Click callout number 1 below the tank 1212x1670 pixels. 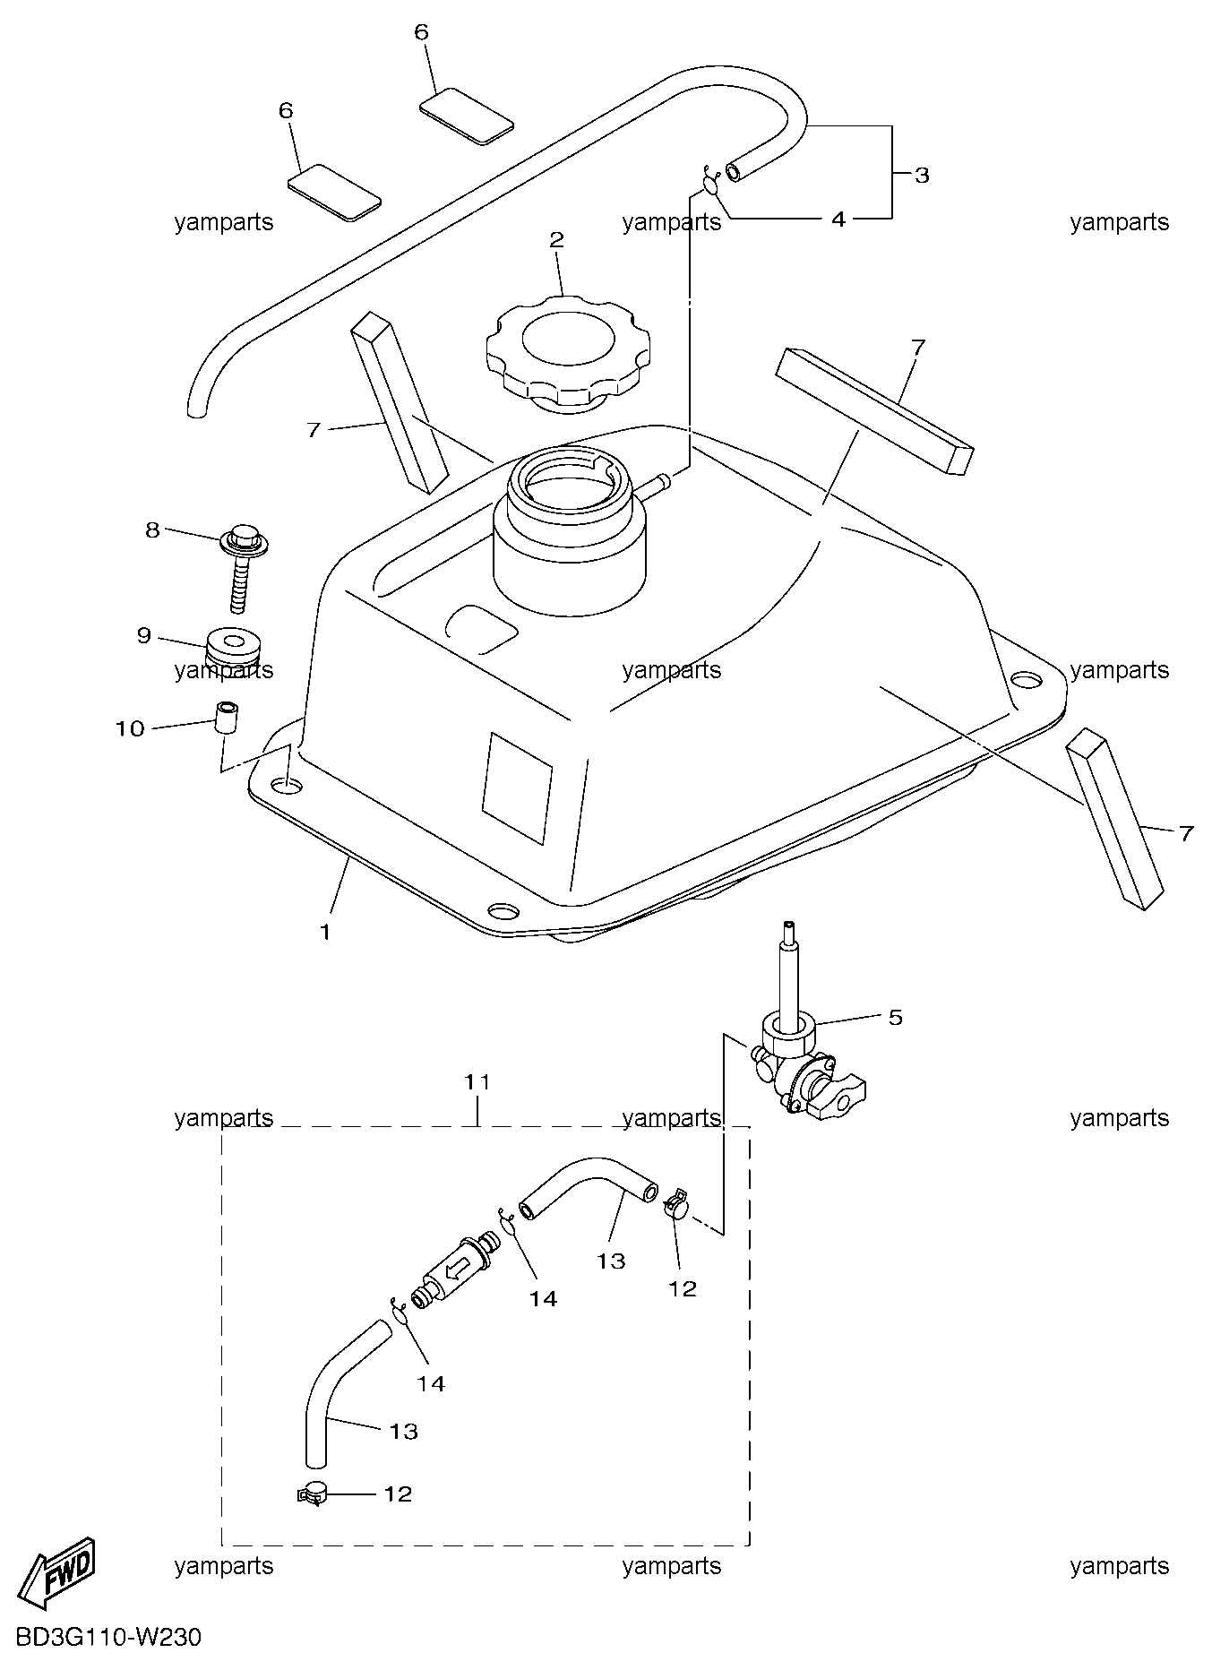point(325,932)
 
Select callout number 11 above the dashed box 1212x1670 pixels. point(478,1082)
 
